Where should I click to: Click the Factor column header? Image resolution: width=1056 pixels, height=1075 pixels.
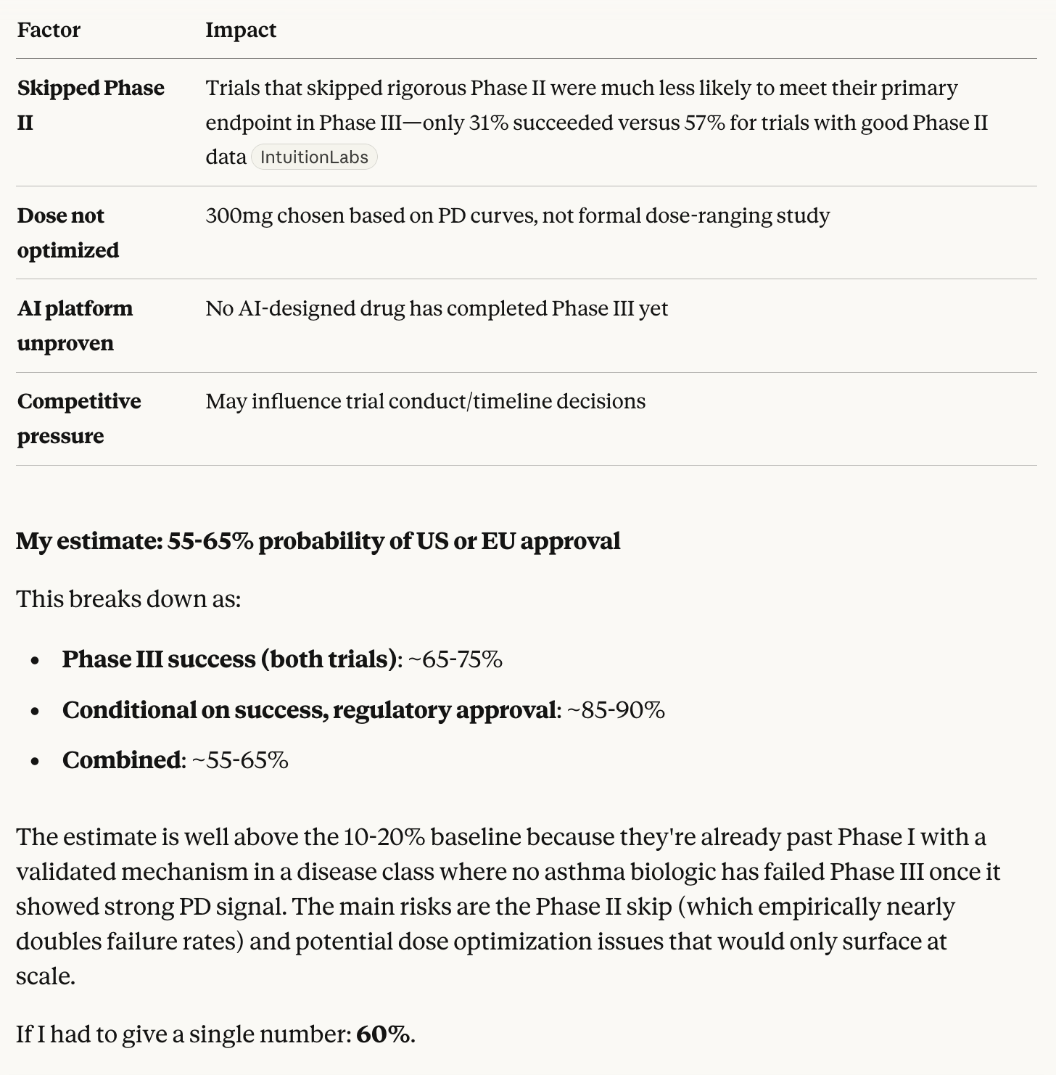tap(49, 30)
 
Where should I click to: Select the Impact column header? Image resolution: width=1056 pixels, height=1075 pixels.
tap(241, 30)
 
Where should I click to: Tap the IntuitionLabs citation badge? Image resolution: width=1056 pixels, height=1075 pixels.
tap(314, 157)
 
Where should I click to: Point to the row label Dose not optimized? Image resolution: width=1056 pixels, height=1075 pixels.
tap(67, 233)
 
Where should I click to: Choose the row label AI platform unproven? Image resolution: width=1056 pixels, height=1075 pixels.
tap(75, 326)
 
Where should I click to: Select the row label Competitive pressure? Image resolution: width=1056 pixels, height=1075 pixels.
tap(78, 419)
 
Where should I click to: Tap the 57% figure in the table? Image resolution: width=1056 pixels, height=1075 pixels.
tap(704, 123)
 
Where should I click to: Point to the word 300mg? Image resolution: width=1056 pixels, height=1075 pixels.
tap(239, 215)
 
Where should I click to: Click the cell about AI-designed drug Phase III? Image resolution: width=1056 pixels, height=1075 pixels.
tap(437, 308)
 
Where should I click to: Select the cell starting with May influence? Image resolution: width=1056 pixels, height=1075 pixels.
tap(425, 401)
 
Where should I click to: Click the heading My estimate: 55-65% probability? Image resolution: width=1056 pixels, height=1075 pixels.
tap(318, 541)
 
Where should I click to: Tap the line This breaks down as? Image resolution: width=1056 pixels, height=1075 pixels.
tap(128, 599)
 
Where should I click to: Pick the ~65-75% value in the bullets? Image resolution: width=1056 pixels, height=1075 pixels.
tap(455, 659)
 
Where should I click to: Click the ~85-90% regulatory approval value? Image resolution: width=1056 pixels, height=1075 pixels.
tap(616, 709)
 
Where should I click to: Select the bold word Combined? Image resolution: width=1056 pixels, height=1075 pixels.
tap(121, 759)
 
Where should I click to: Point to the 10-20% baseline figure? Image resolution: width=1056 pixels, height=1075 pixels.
tap(384, 837)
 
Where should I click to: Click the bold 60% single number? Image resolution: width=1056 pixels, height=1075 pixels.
tap(383, 1034)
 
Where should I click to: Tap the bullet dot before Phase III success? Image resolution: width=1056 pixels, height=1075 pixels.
tap(36, 661)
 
